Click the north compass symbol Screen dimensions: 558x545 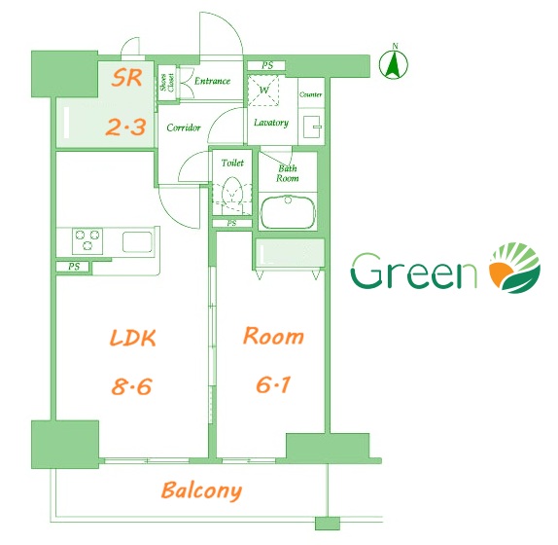(394, 63)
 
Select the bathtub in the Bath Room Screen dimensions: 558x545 (289, 211)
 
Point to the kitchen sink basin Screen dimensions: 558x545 (137, 242)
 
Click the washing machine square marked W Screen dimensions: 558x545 (263, 91)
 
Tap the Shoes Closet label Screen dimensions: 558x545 (167, 82)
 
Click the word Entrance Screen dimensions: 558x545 (213, 81)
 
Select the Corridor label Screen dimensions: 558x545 (184, 127)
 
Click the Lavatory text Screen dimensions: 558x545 (271, 123)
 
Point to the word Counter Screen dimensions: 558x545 (311, 94)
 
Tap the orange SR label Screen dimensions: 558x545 (126, 78)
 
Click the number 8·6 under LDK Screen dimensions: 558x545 (131, 386)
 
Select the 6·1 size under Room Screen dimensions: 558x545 (273, 384)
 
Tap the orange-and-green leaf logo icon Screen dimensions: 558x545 (515, 268)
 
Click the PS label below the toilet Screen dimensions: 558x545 (231, 223)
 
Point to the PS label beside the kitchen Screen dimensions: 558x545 (74, 267)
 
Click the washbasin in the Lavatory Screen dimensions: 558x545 (312, 127)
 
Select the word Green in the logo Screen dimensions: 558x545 (414, 272)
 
